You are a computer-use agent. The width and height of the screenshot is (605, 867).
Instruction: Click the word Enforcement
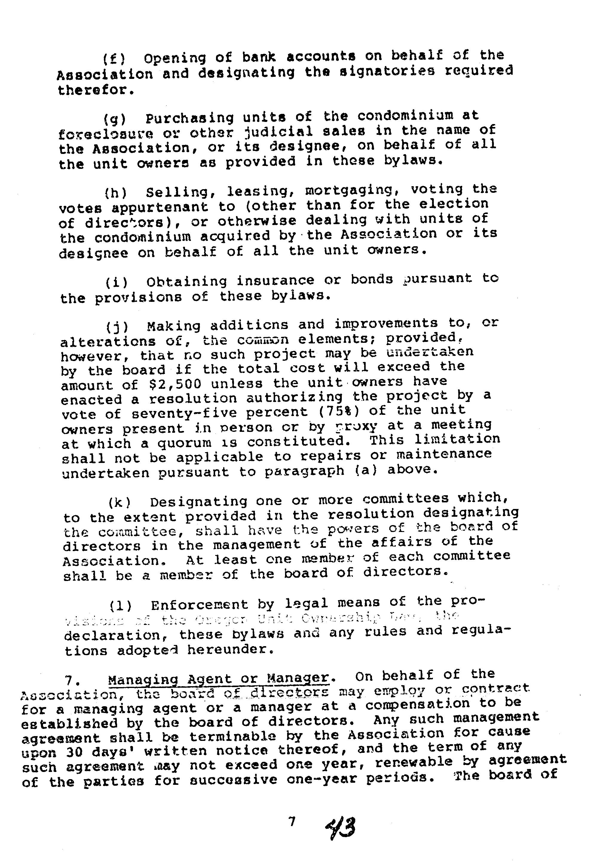tap(200, 605)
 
